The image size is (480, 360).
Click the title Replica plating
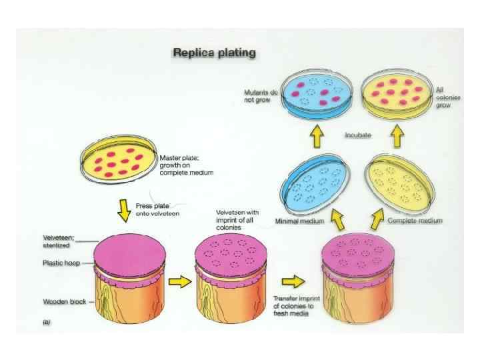(x=215, y=51)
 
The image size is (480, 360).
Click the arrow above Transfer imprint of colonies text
(x=294, y=278)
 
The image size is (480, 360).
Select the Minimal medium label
(x=300, y=221)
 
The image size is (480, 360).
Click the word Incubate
(x=358, y=135)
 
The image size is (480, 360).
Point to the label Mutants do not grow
(x=259, y=96)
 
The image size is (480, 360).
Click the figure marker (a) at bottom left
(x=47, y=322)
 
